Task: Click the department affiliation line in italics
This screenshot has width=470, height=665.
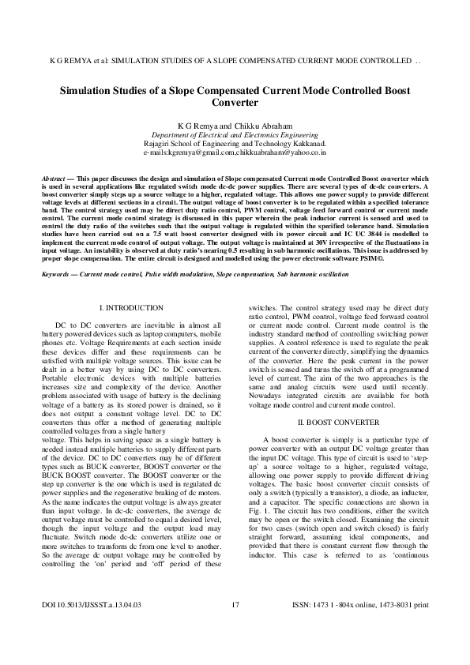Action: (x=235, y=135)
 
